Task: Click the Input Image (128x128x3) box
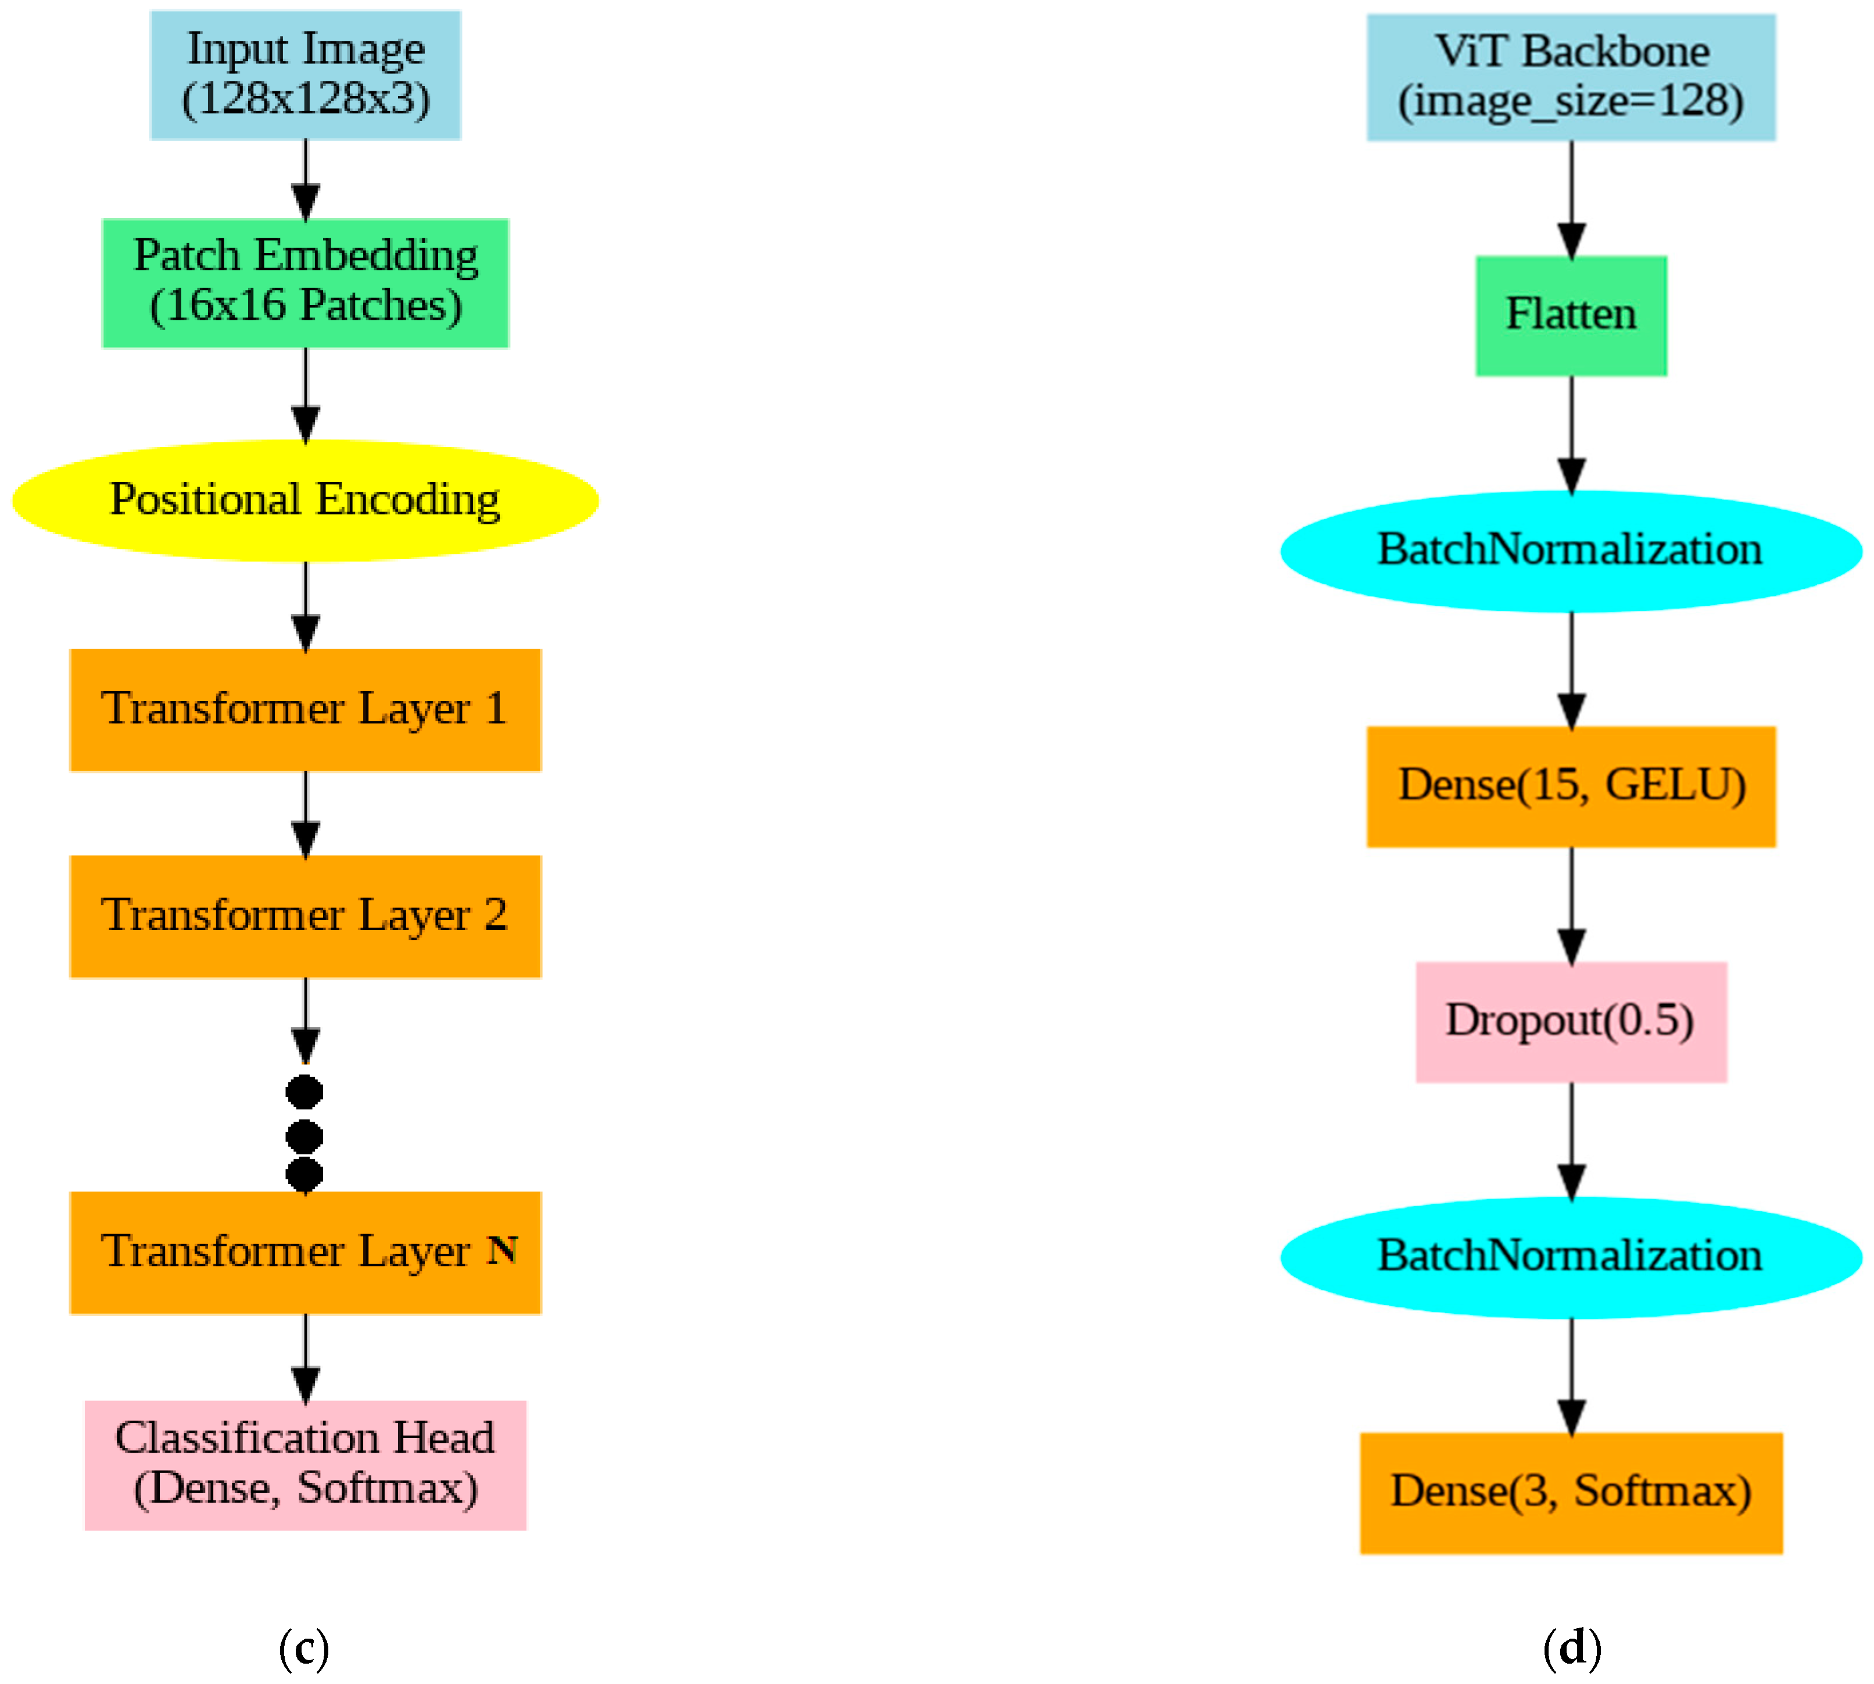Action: coord(305,75)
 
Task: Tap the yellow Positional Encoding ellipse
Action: coord(305,500)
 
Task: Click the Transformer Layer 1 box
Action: coord(305,710)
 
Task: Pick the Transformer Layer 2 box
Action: coord(305,916)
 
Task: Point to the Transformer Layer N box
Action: coord(305,1253)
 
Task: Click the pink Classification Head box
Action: coord(305,1465)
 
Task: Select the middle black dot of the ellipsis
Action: coord(304,1135)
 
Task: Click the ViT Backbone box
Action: coord(1571,77)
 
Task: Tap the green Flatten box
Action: coord(1571,316)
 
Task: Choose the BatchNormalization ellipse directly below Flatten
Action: coord(1571,550)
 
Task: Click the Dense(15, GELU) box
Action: coord(1571,786)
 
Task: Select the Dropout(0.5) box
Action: coord(1571,1021)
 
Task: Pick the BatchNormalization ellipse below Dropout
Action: coord(1571,1257)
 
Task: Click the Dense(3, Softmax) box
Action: coord(1571,1493)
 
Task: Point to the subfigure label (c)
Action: coord(303,1647)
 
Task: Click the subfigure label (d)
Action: coord(1571,1647)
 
